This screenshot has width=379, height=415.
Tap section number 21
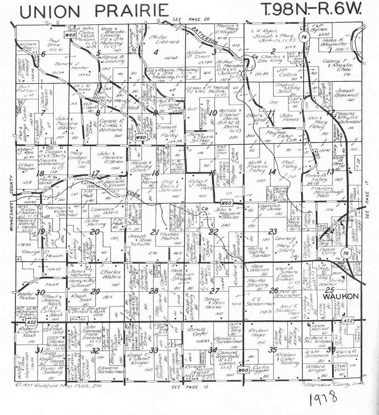[155, 232]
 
